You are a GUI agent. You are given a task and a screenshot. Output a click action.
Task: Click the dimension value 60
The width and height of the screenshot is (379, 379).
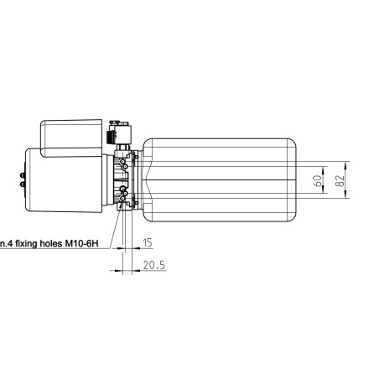317,182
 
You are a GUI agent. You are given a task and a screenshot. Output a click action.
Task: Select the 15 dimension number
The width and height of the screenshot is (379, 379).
148,242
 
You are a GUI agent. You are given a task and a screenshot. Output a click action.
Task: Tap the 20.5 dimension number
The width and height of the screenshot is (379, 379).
154,265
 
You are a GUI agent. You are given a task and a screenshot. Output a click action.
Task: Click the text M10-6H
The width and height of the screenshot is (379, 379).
82,243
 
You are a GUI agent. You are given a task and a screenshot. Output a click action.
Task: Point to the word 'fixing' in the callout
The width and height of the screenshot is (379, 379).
27,244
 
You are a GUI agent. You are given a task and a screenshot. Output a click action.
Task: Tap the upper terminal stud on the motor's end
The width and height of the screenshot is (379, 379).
22,175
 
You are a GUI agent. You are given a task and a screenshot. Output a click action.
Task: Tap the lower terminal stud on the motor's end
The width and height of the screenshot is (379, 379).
22,184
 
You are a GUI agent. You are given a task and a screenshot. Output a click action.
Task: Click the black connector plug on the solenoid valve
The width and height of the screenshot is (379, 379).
109,138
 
